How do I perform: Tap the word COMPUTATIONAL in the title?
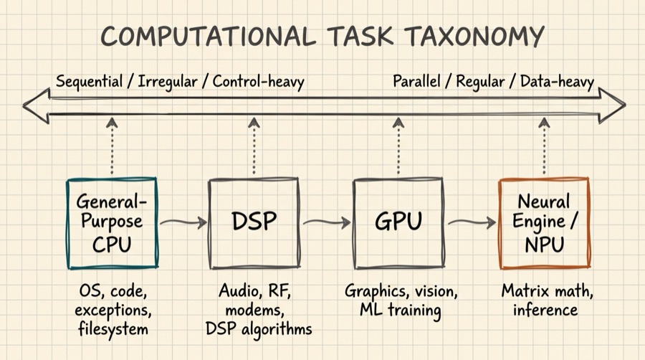207,36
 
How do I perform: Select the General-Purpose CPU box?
112,222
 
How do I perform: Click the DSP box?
254,222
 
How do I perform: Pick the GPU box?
398,222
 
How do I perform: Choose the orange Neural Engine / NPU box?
543,222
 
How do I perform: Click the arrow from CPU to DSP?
183,223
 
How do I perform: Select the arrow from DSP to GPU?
327,223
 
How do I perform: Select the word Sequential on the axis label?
89,81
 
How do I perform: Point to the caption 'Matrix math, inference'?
548,301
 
